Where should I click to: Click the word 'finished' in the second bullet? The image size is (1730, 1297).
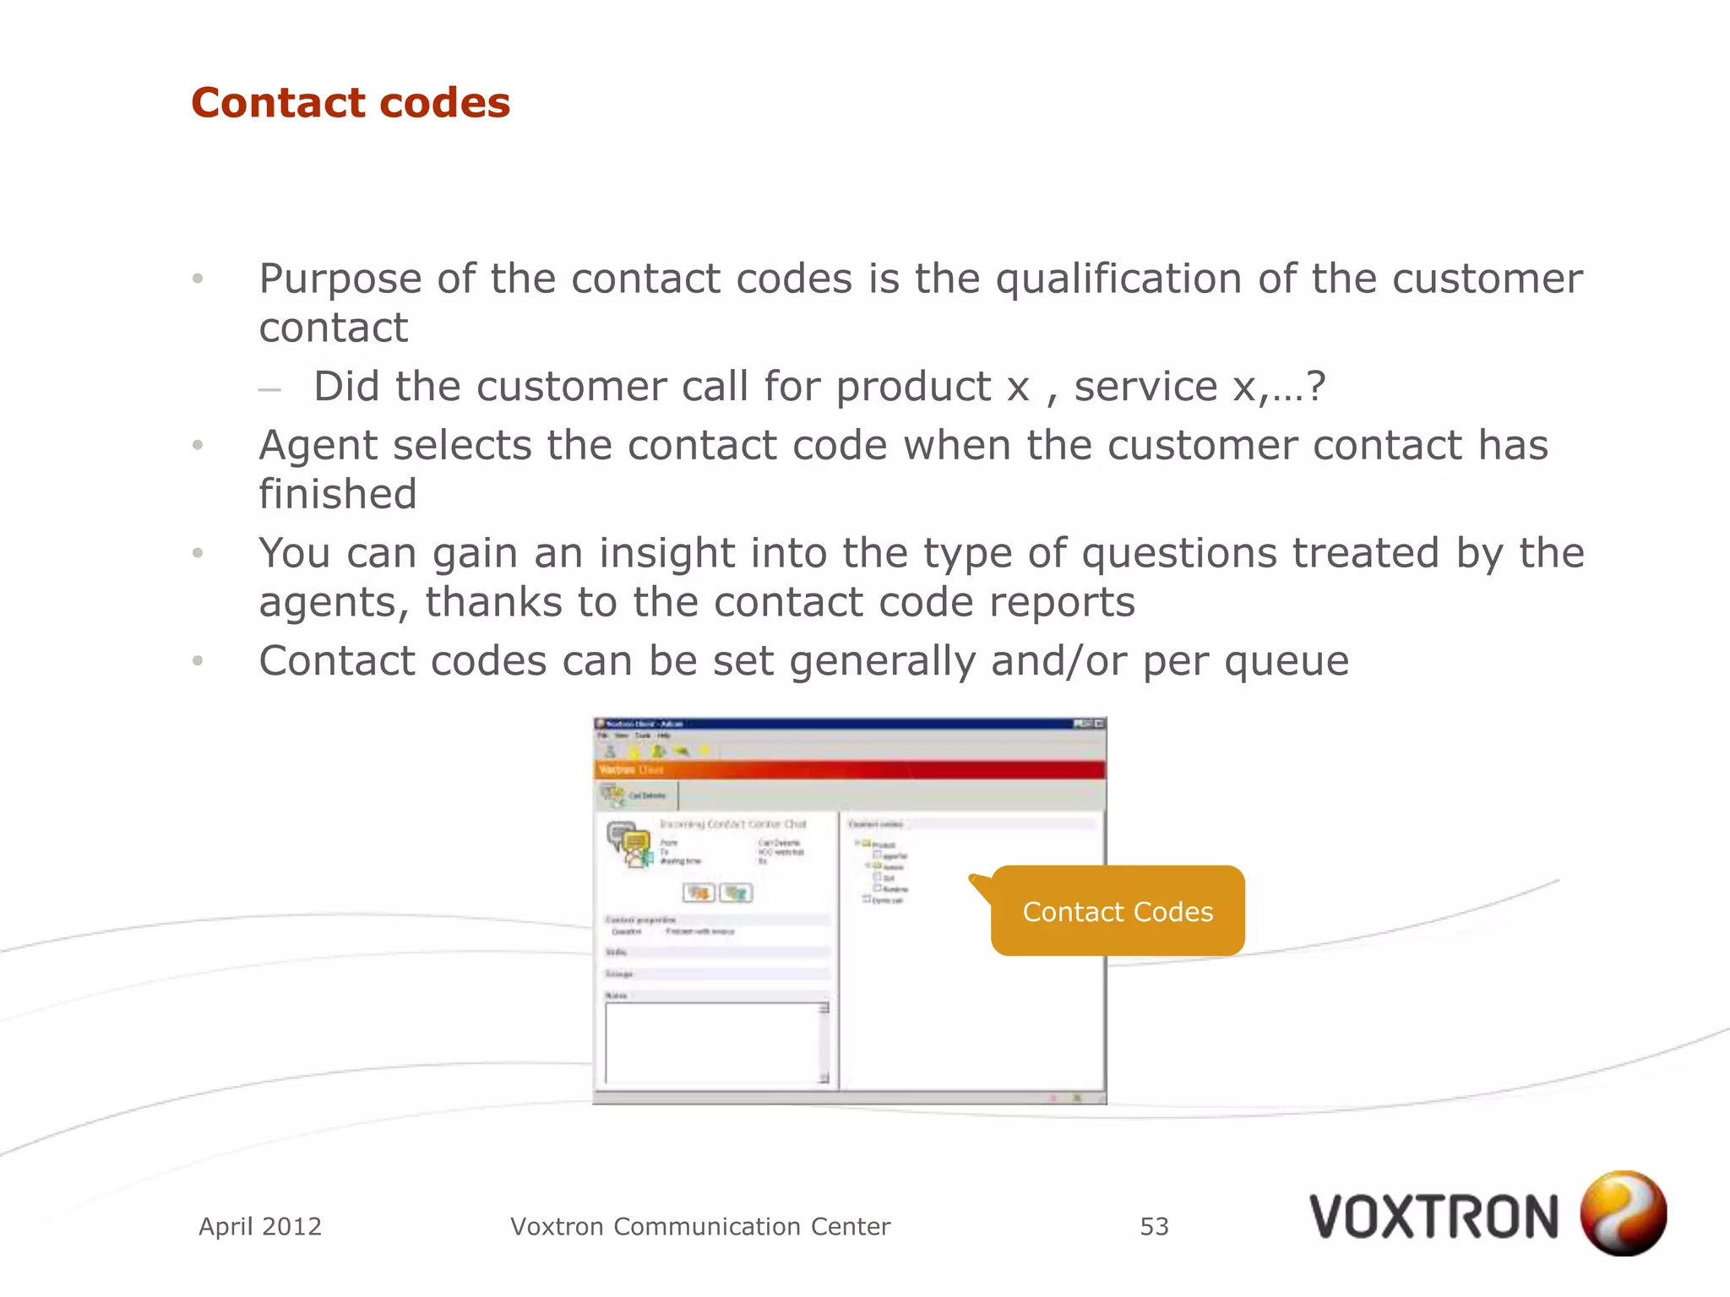coord(338,494)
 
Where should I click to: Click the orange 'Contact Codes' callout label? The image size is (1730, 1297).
coord(1118,911)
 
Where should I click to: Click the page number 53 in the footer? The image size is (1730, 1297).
coord(1154,1226)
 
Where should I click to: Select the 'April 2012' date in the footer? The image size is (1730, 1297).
coord(260,1226)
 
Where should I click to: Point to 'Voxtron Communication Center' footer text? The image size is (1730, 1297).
coord(700,1226)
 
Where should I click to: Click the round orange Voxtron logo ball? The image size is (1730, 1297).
coord(1623,1213)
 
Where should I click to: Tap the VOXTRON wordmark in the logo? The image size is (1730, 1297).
coord(1434,1218)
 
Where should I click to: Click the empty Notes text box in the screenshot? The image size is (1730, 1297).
coord(712,1043)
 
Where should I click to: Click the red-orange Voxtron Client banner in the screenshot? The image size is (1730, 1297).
coord(849,769)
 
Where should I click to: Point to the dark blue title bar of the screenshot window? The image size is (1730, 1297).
coord(849,724)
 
